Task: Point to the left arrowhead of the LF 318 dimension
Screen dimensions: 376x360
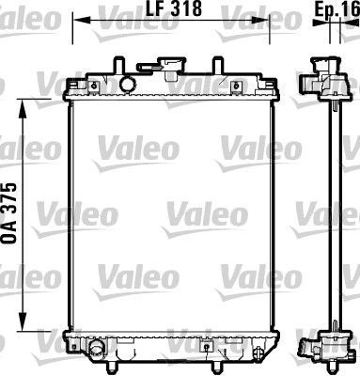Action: coord(76,17)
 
